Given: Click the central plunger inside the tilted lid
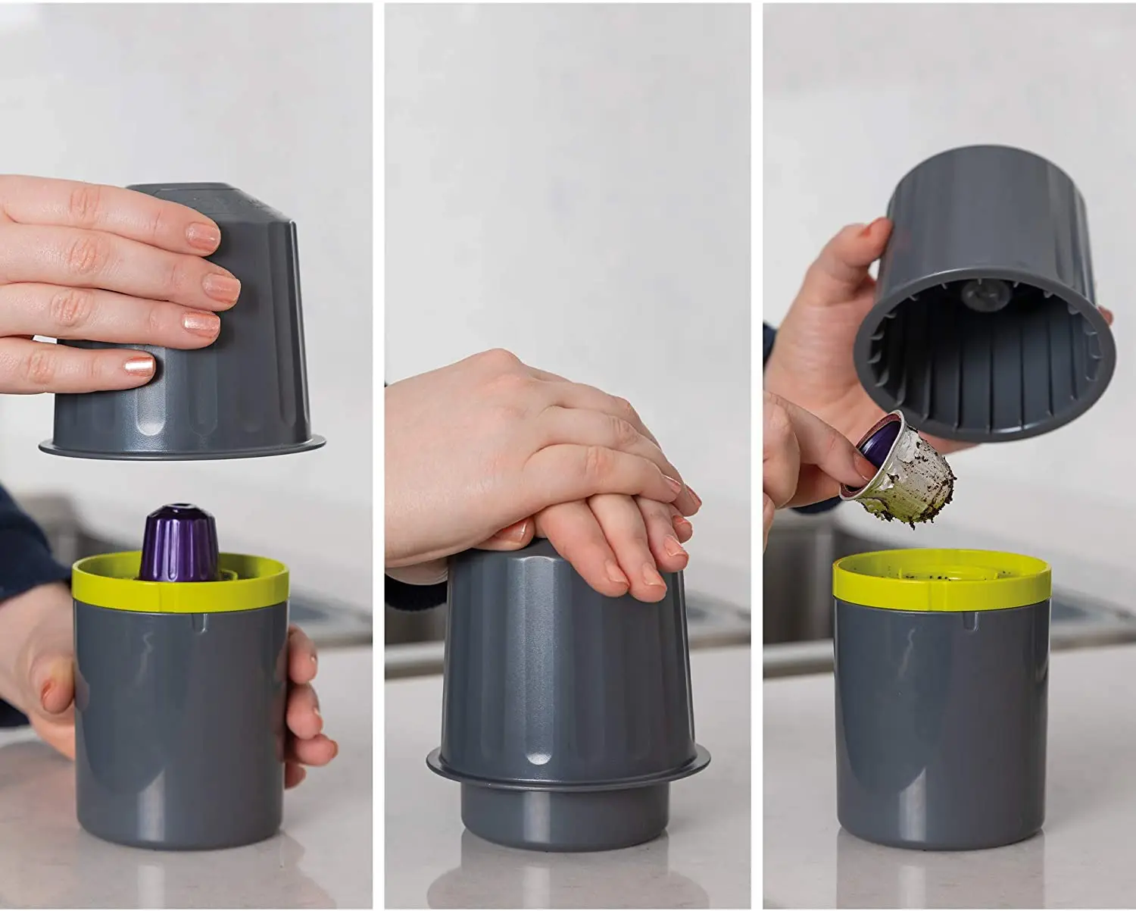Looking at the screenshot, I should coord(977,292).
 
